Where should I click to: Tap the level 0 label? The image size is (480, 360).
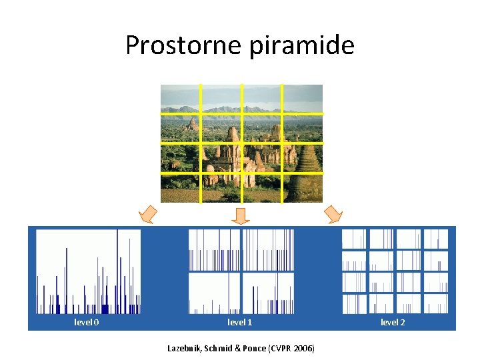click(87, 323)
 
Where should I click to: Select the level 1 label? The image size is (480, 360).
click(240, 323)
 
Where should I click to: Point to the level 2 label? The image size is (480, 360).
click(393, 323)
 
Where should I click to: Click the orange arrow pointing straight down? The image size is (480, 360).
click(241, 215)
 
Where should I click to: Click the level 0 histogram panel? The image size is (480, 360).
click(88, 271)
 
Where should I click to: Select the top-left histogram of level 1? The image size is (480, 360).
click(214, 249)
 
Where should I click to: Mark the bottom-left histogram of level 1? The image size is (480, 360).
click(214, 293)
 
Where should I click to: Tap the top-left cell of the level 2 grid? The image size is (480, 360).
click(354, 239)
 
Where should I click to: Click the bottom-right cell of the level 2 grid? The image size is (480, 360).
click(436, 303)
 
